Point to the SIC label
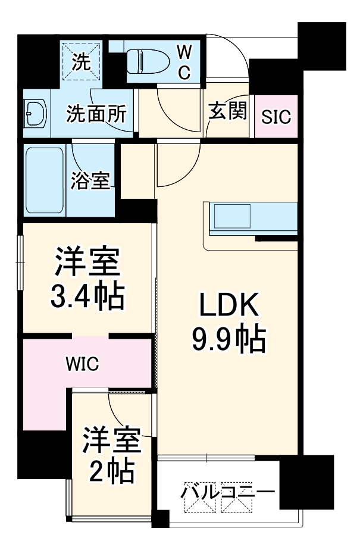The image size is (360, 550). coord(277,117)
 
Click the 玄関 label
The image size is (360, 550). coord(227,111)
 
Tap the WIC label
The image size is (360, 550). coord(83,362)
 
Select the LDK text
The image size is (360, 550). coord(228,307)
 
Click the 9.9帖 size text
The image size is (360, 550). coord(228,339)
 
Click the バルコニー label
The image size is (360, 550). coord(228,493)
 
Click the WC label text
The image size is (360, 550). coord(185,62)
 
